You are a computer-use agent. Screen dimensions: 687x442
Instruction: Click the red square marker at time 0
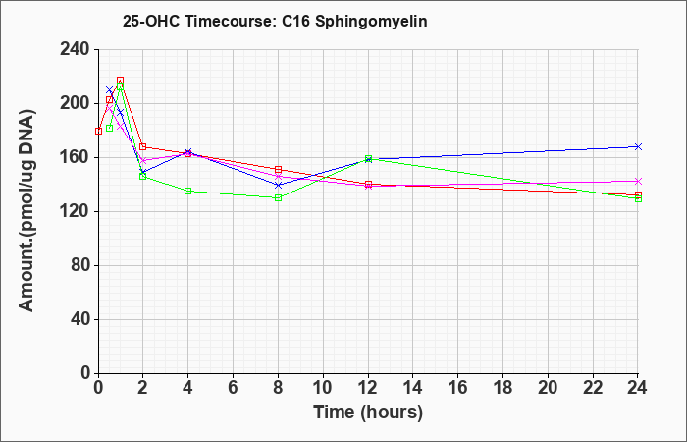click(98, 131)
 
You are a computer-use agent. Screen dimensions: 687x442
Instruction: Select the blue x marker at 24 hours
click(638, 147)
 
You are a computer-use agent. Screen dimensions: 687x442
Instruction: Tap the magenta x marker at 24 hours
click(638, 181)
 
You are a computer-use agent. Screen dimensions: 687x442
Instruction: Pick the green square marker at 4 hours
click(188, 192)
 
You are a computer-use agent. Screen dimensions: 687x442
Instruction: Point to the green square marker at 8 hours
click(278, 198)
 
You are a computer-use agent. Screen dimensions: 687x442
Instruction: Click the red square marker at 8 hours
click(278, 170)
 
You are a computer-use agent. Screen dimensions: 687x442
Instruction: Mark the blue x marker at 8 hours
click(278, 185)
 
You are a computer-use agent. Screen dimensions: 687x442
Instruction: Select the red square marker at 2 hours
click(143, 147)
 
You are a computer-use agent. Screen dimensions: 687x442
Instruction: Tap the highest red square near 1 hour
click(120, 81)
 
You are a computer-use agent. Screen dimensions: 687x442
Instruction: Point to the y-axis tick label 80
click(81, 266)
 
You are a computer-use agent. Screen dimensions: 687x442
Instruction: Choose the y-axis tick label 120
click(78, 212)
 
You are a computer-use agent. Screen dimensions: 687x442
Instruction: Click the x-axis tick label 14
click(413, 388)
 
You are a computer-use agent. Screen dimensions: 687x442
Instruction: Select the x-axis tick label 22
click(593, 388)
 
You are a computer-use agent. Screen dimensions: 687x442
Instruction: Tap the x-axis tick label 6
click(234, 388)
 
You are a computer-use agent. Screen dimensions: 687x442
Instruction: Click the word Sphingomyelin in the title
click(371, 22)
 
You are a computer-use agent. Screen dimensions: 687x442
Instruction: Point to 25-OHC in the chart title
click(151, 21)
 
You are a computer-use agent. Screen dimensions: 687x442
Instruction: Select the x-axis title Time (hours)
click(368, 413)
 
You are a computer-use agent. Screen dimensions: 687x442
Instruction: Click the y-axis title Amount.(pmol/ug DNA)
click(26, 210)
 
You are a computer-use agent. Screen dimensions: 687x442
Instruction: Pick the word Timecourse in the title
click(230, 21)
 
